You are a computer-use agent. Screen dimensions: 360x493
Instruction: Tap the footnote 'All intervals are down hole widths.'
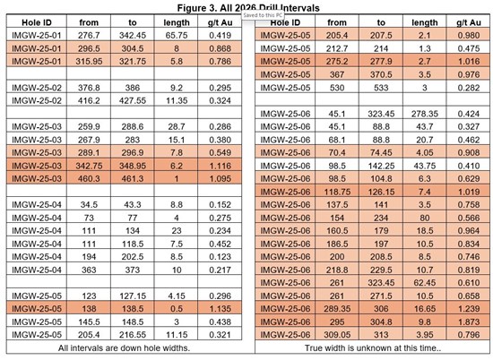pos(125,346)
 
